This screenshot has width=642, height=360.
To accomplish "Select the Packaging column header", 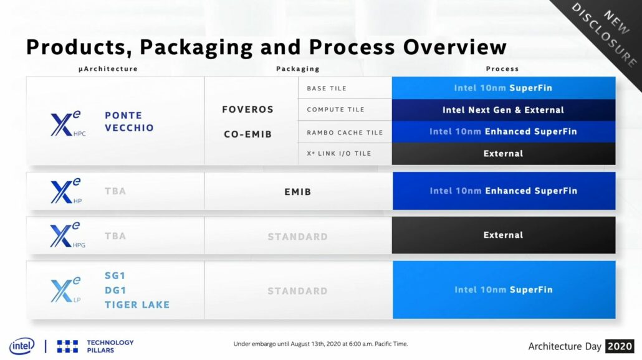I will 297,69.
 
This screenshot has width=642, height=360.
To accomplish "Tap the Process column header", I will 502,69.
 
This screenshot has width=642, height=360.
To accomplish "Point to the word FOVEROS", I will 247,110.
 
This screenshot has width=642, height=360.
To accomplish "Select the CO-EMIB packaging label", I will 247,134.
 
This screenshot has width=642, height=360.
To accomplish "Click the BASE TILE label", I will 327,88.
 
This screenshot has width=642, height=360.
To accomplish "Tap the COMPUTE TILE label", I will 335,110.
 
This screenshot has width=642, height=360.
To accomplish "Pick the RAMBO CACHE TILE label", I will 345,132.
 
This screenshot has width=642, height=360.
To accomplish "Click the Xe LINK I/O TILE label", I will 340,154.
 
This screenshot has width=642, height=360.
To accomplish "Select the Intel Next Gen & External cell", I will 503,110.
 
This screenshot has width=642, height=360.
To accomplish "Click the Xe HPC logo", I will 67,121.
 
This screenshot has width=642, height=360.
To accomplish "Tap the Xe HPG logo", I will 67,235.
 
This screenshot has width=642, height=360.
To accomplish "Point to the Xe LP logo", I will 65,290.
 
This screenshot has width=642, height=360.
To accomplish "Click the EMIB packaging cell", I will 297,192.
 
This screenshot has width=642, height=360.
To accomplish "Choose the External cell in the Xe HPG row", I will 503,235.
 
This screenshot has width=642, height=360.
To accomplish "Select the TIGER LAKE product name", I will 137,305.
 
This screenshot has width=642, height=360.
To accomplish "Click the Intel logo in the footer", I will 22,346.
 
